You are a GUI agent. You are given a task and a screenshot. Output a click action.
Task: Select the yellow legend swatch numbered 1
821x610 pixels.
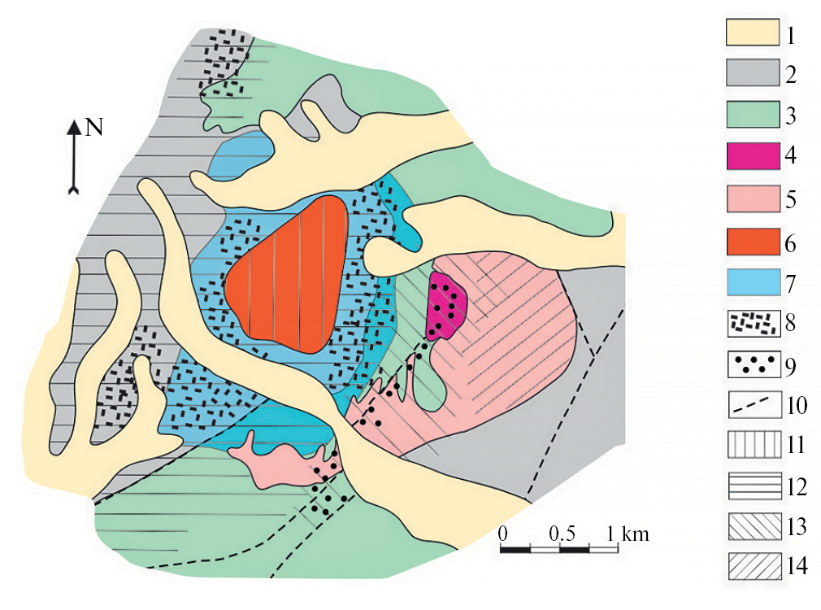point(753,33)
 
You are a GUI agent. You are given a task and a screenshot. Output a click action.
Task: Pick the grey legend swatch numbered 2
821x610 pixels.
point(753,73)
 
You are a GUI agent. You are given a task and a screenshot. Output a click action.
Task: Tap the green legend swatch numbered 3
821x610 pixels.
point(753,114)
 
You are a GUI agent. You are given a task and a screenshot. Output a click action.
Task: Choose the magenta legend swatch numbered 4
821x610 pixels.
point(753,155)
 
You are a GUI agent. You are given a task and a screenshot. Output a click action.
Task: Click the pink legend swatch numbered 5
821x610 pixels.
point(753,198)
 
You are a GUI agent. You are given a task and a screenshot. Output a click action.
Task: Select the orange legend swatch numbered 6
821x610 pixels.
point(753,242)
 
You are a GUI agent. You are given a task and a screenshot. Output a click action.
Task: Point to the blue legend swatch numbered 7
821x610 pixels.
point(754,282)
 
